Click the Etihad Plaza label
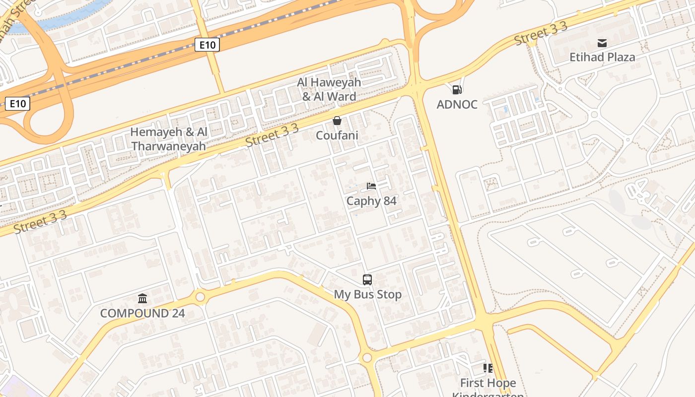click(602, 57)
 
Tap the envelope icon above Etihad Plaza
click(602, 43)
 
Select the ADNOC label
click(457, 104)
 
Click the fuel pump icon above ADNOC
click(457, 90)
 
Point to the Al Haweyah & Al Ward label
click(329, 89)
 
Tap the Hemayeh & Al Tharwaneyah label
click(168, 139)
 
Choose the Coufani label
click(337, 135)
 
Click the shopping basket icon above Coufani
click(337, 121)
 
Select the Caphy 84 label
click(371, 200)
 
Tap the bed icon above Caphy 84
click(371, 186)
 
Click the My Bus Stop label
click(367, 294)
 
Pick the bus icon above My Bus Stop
click(367, 280)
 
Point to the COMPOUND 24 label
click(142, 313)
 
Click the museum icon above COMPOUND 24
click(142, 298)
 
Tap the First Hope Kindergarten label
click(488, 387)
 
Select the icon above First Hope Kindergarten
click(488, 368)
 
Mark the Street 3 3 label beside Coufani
click(272, 135)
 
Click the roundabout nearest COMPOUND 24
click(200, 297)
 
